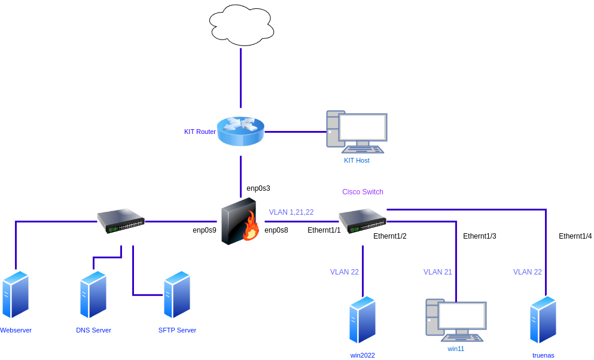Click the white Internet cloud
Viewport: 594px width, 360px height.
(241, 25)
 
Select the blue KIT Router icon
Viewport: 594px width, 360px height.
(240, 131)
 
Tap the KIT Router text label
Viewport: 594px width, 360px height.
(200, 132)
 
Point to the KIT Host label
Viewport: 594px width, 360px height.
(357, 160)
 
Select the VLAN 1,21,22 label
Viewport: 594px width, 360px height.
(291, 212)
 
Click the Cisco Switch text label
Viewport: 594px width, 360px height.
(363, 192)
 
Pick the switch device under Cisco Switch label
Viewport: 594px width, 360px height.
(363, 221)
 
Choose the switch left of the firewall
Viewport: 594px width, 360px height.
(121, 221)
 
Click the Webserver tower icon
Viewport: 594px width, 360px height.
(15, 294)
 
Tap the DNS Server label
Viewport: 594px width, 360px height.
(93, 330)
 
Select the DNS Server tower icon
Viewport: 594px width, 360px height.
(93, 294)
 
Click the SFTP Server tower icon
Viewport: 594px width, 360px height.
(177, 294)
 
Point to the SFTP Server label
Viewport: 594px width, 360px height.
(177, 330)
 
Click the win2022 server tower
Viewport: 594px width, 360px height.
(363, 320)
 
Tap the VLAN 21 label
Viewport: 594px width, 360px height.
(437, 272)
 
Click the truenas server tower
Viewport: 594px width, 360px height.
(543, 320)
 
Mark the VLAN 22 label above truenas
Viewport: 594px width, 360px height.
(527, 272)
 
